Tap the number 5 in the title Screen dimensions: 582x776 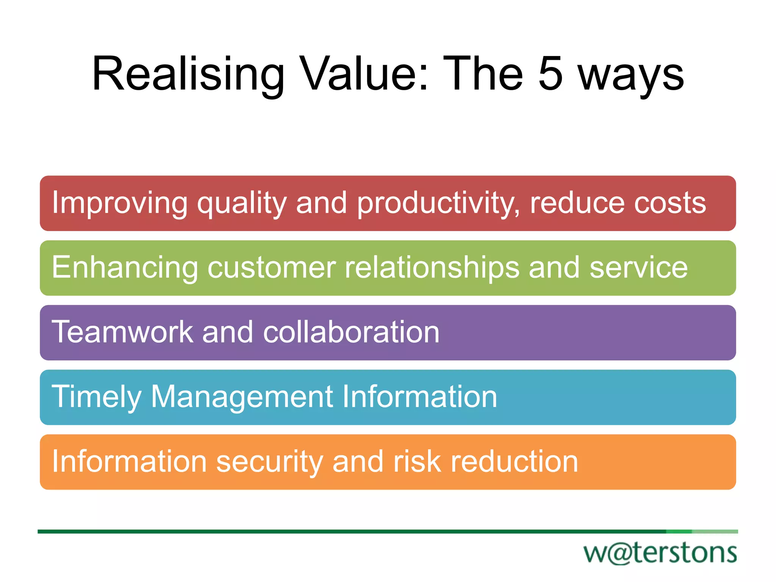pyautogui.click(x=550, y=74)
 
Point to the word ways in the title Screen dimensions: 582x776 pyautogui.click(x=631, y=76)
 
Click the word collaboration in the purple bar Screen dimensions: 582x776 pyautogui.click(x=351, y=332)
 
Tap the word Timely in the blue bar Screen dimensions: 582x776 pyautogui.click(x=96, y=397)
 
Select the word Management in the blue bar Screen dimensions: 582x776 pyautogui.click(x=242, y=397)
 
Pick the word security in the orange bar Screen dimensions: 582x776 pyautogui.click(x=269, y=462)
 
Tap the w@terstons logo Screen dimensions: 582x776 pyautogui.click(x=660, y=553)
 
